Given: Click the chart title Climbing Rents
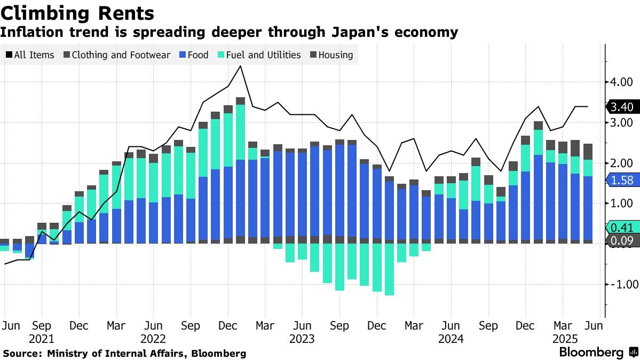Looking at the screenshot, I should pyautogui.click(x=78, y=12).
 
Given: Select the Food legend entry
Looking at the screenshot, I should pyautogui.click(x=193, y=54).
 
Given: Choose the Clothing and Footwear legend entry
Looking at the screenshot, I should pyautogui.click(x=116, y=54).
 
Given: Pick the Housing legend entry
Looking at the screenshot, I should pyautogui.click(x=330, y=54).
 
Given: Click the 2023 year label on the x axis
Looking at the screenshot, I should pyautogui.click(x=302, y=339).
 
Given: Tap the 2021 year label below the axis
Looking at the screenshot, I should pyautogui.click(x=42, y=339).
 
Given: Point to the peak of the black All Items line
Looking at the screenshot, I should pyautogui.click(x=241, y=66).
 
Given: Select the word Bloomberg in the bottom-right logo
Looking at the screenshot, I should pyautogui.click(x=591, y=353).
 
